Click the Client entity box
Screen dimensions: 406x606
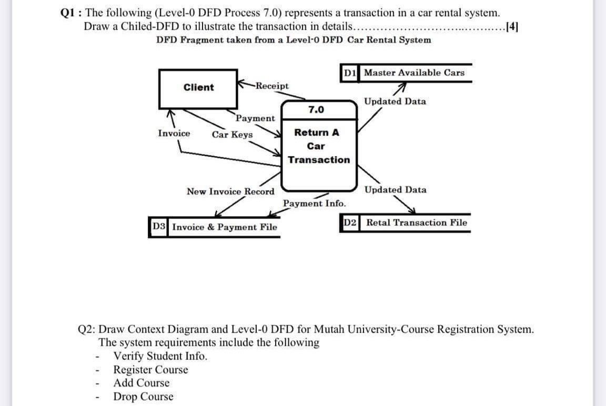[x=198, y=88]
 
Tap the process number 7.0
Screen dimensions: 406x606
[x=316, y=110]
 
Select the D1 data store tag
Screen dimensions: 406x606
[x=350, y=73]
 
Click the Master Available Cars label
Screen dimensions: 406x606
[x=414, y=73]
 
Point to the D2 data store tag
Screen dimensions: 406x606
[x=351, y=222]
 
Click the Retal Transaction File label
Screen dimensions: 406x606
[x=416, y=222]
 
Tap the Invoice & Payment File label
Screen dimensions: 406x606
[x=224, y=228]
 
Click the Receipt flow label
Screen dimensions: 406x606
[x=272, y=86]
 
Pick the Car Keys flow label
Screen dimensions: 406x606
[x=232, y=135]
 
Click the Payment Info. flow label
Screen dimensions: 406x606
[x=314, y=203]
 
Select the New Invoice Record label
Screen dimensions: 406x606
[x=230, y=191]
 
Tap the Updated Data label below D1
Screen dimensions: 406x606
[x=395, y=101]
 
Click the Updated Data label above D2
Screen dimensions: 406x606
[x=395, y=190]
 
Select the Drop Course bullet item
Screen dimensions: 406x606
[x=143, y=397]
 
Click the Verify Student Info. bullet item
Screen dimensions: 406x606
[x=160, y=356]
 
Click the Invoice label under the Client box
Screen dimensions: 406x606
[x=174, y=134]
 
